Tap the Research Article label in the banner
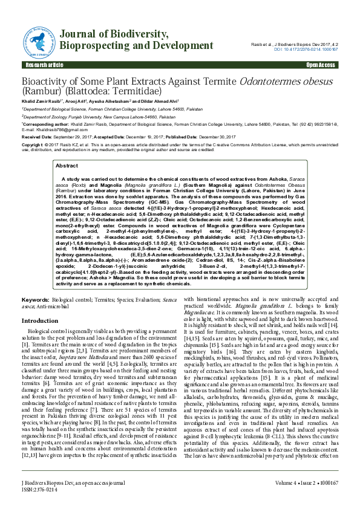pos(43,65)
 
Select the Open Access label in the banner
pos(320,65)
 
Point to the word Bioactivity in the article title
pos(46,82)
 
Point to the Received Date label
pos(36,137)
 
